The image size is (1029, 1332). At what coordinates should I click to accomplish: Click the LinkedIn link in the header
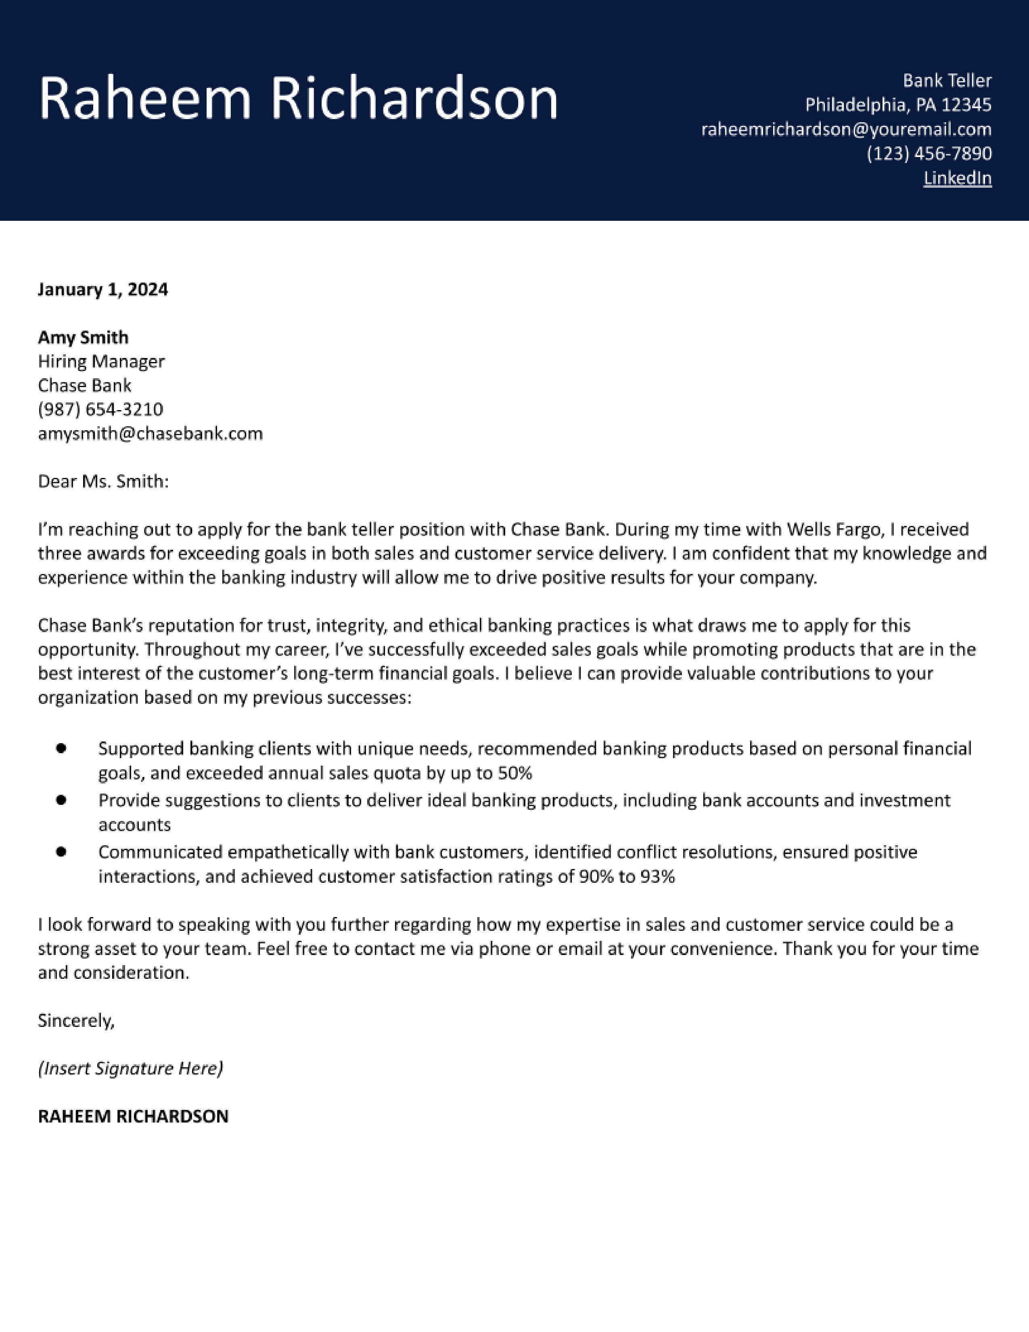(957, 178)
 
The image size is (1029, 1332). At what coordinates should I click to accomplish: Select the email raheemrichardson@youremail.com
(846, 129)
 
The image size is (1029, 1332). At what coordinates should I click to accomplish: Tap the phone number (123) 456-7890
(929, 154)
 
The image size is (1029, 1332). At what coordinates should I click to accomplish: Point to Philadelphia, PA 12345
(898, 105)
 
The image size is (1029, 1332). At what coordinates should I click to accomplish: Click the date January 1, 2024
(102, 289)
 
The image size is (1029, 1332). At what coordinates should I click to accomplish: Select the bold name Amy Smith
(83, 337)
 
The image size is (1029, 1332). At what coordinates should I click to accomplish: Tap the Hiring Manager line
(101, 362)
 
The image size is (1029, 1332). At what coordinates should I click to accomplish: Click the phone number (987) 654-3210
(100, 409)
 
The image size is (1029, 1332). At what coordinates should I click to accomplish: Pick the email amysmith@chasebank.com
(150, 434)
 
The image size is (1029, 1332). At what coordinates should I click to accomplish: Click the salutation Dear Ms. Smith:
(103, 482)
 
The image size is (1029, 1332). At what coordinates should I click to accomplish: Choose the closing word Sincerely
(75, 1020)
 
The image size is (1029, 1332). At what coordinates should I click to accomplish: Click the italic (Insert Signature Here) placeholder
(130, 1068)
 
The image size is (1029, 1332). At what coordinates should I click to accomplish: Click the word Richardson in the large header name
(414, 99)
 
